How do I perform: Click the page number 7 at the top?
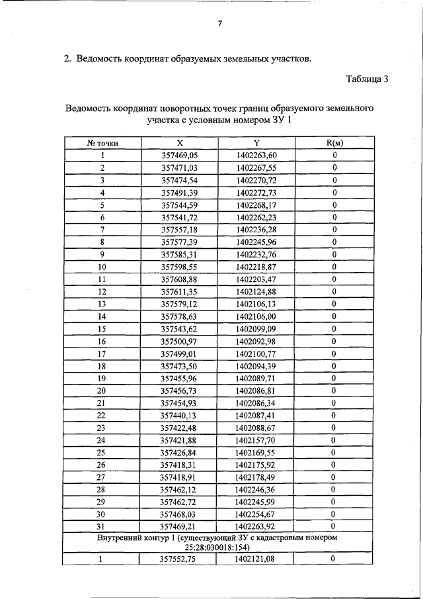(220, 24)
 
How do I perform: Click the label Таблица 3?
(367, 79)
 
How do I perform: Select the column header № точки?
(102, 143)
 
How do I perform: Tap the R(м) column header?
(335, 143)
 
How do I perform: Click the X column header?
(180, 143)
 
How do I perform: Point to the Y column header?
(256, 143)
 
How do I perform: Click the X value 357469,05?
(180, 156)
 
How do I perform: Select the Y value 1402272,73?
(256, 193)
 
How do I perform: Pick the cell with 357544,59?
(180, 205)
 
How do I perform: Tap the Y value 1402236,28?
(256, 230)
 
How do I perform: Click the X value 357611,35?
(180, 292)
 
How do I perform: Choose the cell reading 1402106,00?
(256, 316)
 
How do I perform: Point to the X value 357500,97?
(180, 342)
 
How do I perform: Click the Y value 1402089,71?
(256, 379)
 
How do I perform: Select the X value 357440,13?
(180, 416)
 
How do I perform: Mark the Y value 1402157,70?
(256, 440)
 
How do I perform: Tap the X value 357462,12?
(180, 490)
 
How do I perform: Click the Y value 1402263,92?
(256, 527)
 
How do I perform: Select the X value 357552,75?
(180, 560)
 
